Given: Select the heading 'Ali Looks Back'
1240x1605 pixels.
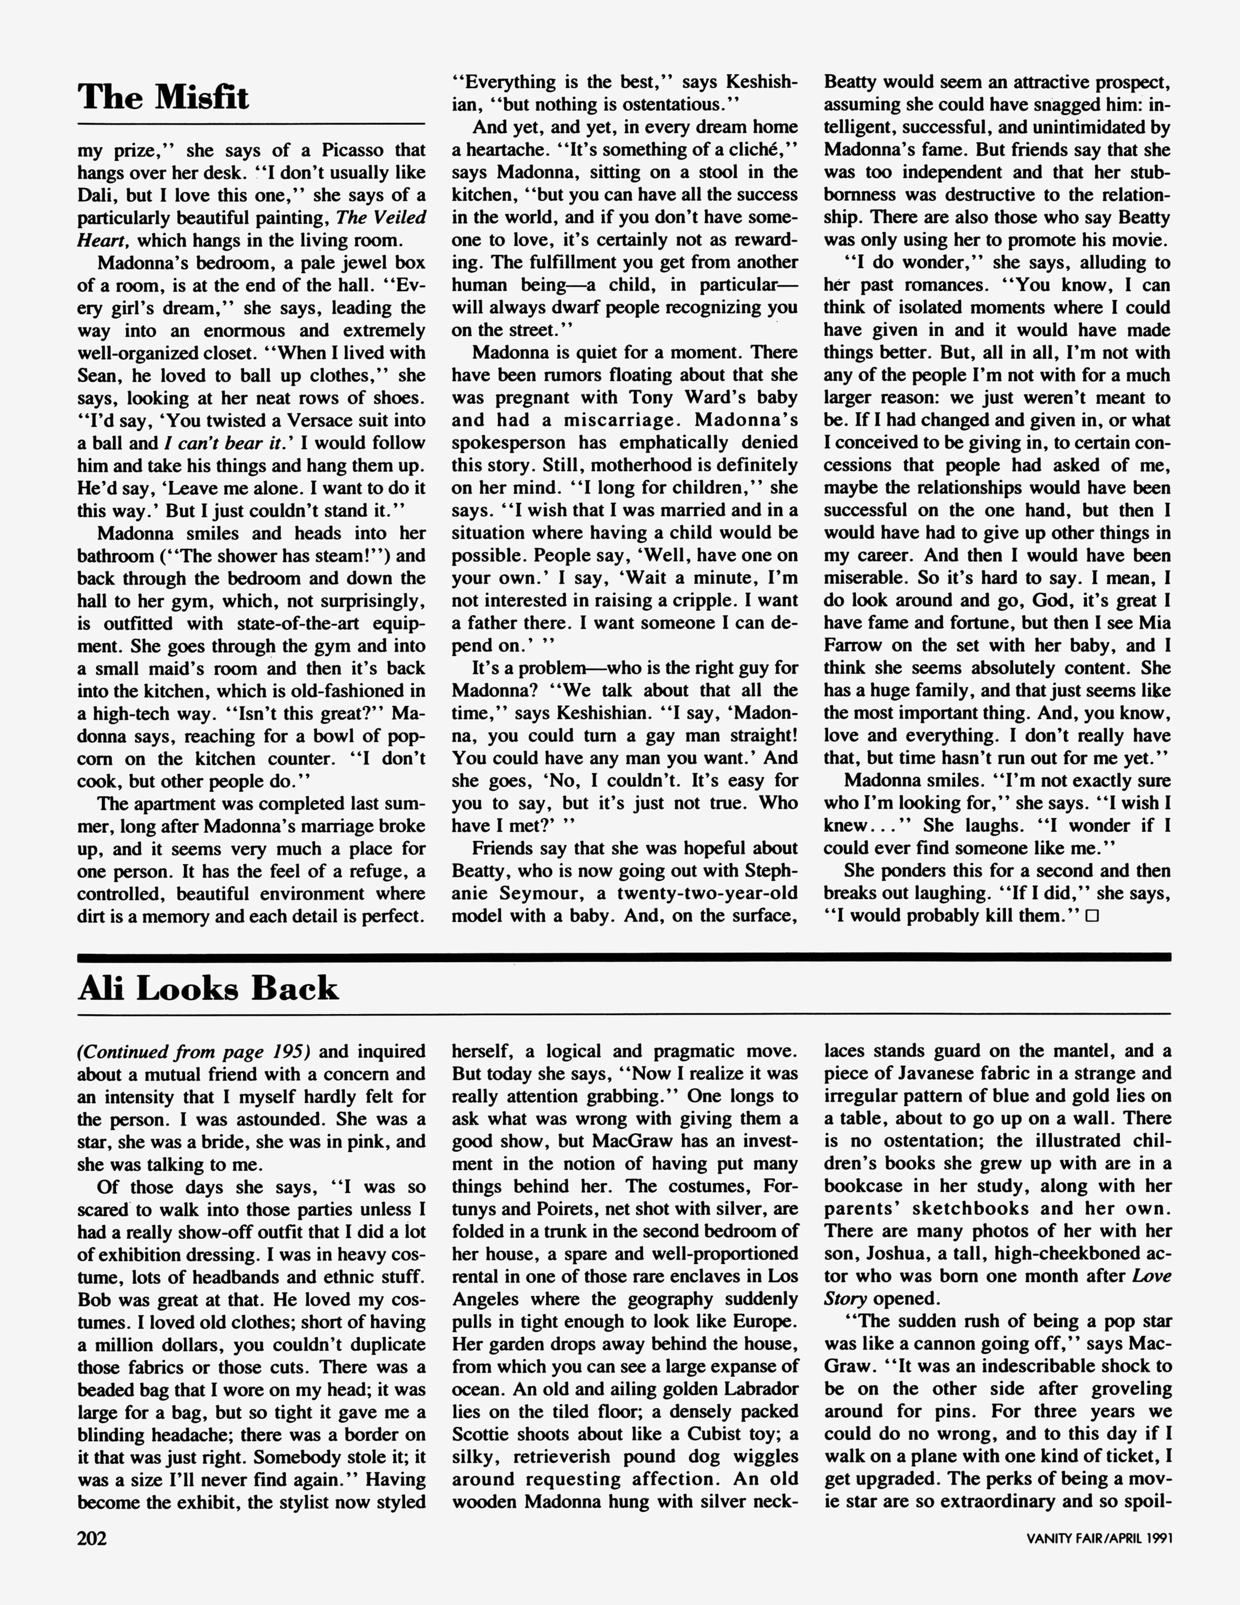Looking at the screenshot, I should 208,989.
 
